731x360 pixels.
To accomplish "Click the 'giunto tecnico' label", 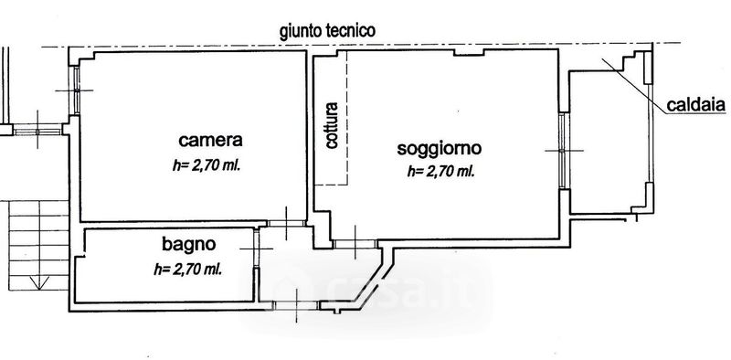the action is [x=327, y=31].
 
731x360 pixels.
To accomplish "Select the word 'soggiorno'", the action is [x=440, y=149].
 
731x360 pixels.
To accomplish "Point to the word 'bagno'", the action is [x=189, y=244].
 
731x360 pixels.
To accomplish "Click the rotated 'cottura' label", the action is [x=332, y=125].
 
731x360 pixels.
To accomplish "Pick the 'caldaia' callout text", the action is [x=696, y=105].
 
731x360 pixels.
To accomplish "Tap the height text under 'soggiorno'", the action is [x=440, y=172].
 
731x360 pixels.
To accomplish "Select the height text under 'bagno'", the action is [x=187, y=269].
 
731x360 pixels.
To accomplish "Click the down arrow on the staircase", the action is [x=39, y=281].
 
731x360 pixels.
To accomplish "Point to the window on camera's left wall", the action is [x=75, y=90].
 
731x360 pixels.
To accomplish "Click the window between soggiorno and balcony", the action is [x=562, y=151].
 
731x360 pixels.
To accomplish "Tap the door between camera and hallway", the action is [x=286, y=223].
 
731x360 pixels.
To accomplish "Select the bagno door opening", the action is [x=256, y=249].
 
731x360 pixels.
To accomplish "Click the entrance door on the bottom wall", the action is [x=295, y=305].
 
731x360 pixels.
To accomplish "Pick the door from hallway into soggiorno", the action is [x=355, y=244].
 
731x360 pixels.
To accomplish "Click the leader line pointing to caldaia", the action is [x=634, y=86].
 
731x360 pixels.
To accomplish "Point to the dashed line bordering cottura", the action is [x=347, y=118].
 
